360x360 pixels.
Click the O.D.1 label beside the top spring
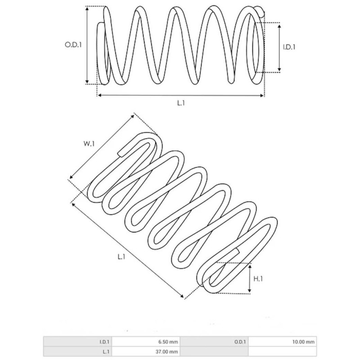point(73,45)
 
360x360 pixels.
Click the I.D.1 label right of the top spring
point(289,47)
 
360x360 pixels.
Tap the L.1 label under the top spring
point(181,103)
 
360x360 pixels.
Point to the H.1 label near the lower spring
point(258,279)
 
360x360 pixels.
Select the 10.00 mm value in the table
point(304,342)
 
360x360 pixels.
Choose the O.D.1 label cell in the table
point(240,342)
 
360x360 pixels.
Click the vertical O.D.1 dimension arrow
point(87,45)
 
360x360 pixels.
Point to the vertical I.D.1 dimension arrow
point(280,47)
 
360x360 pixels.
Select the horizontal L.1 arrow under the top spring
point(180,95)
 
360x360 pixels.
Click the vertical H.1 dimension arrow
point(250,279)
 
